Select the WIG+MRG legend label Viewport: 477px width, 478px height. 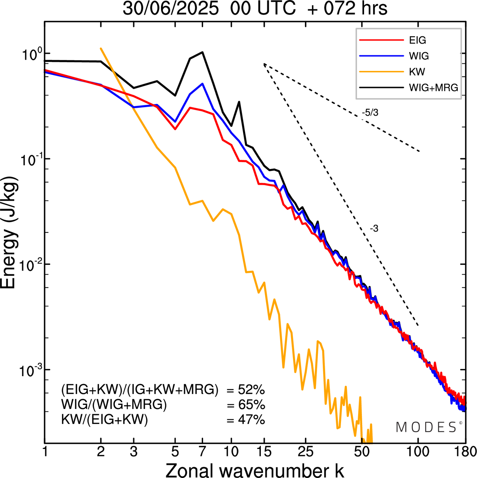[433, 88]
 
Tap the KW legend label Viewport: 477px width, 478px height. [417, 72]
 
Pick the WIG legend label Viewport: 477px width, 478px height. [419, 56]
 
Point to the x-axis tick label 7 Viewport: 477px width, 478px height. [202, 452]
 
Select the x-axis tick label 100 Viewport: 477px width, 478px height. [418, 452]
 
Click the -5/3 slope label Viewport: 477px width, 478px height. [370, 113]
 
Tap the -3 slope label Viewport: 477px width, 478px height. [374, 229]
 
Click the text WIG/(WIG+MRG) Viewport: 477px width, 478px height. [114, 405]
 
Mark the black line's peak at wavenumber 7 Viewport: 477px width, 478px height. [202, 52]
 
